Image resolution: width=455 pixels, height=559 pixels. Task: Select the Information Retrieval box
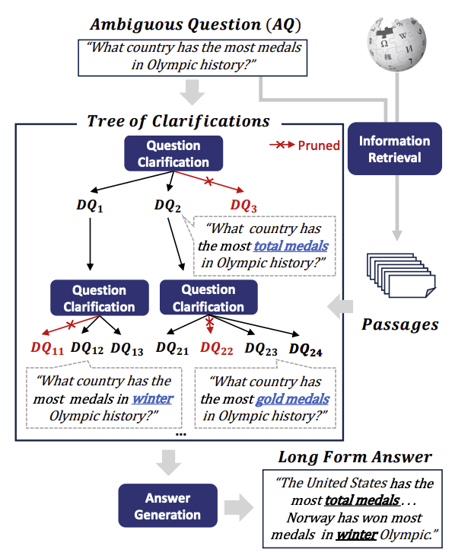click(394, 149)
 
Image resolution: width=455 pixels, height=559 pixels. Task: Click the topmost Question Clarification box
click(173, 154)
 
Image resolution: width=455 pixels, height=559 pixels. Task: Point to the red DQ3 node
click(244, 205)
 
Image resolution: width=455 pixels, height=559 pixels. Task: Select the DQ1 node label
click(89, 205)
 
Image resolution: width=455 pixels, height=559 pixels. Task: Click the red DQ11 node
click(47, 348)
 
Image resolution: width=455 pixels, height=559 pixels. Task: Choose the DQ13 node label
click(126, 348)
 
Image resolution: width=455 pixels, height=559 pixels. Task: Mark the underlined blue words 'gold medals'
click(292, 399)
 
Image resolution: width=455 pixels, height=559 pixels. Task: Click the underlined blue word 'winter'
click(152, 399)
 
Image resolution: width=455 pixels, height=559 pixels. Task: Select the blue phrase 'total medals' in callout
click(291, 246)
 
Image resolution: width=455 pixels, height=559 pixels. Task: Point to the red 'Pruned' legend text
click(319, 145)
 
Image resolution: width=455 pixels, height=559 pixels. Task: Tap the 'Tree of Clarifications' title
click(178, 121)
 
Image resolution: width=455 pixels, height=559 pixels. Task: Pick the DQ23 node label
click(261, 348)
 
